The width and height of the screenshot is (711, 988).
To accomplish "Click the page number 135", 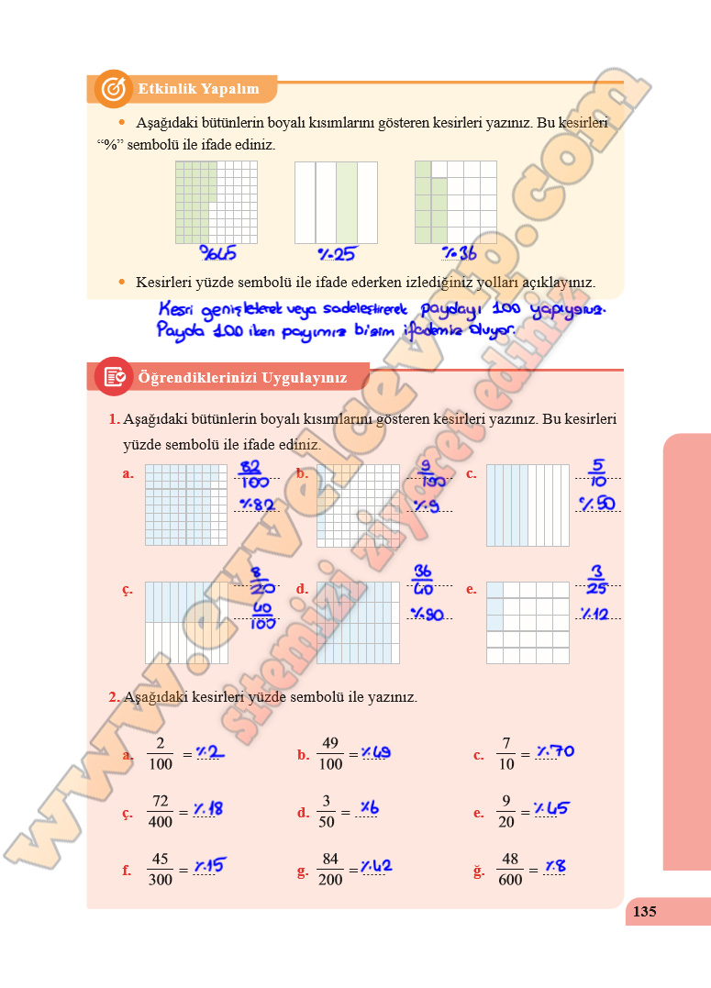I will coord(645,911).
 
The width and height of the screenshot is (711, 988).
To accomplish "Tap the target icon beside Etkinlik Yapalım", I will coord(113,89).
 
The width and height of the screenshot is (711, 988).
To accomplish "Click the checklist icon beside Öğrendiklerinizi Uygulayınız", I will coord(114,376).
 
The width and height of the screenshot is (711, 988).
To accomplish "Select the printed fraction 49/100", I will coord(330,754).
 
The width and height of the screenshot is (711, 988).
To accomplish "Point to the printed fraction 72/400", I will coord(161,812).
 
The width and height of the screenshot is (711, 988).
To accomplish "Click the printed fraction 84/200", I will coord(330,870).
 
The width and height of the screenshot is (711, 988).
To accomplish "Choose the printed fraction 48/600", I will coord(510,870).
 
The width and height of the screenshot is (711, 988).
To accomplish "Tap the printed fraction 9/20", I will coord(505,812).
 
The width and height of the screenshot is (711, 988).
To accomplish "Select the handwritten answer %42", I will coord(377,866).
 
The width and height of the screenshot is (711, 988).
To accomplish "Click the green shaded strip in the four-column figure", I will coord(346,203).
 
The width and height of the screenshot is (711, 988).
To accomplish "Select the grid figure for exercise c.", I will coord(528,505).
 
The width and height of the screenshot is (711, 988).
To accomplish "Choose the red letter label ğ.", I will coord(479,871).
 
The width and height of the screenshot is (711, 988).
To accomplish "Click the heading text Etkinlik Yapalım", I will coord(198,90).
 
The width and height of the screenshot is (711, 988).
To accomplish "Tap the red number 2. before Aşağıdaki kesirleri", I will coord(114,697).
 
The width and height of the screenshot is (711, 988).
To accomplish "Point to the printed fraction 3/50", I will coord(327,812).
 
